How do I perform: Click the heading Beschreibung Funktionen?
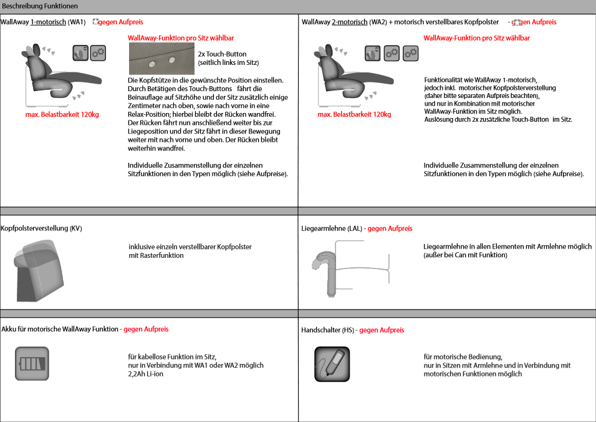(x=39, y=6)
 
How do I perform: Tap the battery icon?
(x=32, y=364)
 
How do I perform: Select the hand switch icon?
(x=332, y=364)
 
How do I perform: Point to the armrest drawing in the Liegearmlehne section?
(x=327, y=268)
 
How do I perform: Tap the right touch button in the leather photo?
(x=171, y=60)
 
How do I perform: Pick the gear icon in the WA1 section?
(x=98, y=53)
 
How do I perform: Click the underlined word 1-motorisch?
(x=48, y=22)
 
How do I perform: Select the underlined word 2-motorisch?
(x=349, y=22)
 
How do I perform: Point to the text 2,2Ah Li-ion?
(x=145, y=374)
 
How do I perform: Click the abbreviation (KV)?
(x=75, y=228)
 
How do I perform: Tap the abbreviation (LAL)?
(x=354, y=228)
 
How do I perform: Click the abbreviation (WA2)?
(x=378, y=22)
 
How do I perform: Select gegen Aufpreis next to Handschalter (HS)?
(x=382, y=330)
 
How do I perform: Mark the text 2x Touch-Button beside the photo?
(x=222, y=54)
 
